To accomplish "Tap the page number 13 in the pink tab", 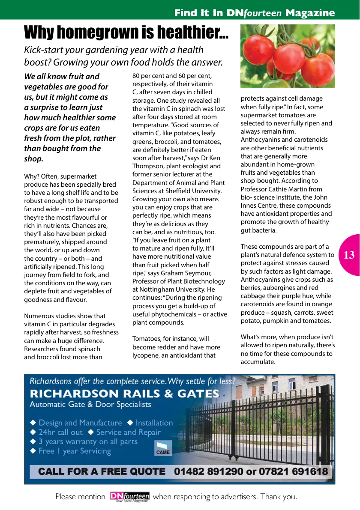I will pyautogui.click(x=349, y=255).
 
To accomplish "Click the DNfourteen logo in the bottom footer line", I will pyautogui.click(x=130, y=497).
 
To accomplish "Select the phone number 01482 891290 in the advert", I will pyautogui.click(x=208, y=472).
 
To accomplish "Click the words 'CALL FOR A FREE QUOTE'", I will pyautogui.click(x=102, y=472).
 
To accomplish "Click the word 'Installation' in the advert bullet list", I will pyautogui.click(x=154, y=423).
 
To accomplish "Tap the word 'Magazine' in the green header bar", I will pyautogui.click(x=310, y=13).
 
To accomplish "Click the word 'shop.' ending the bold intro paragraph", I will pyautogui.click(x=34, y=159).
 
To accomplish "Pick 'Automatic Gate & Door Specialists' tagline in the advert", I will pyautogui.click(x=90, y=404).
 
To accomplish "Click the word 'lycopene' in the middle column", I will pyautogui.click(x=145, y=355).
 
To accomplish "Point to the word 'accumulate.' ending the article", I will pyautogui.click(x=258, y=362).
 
